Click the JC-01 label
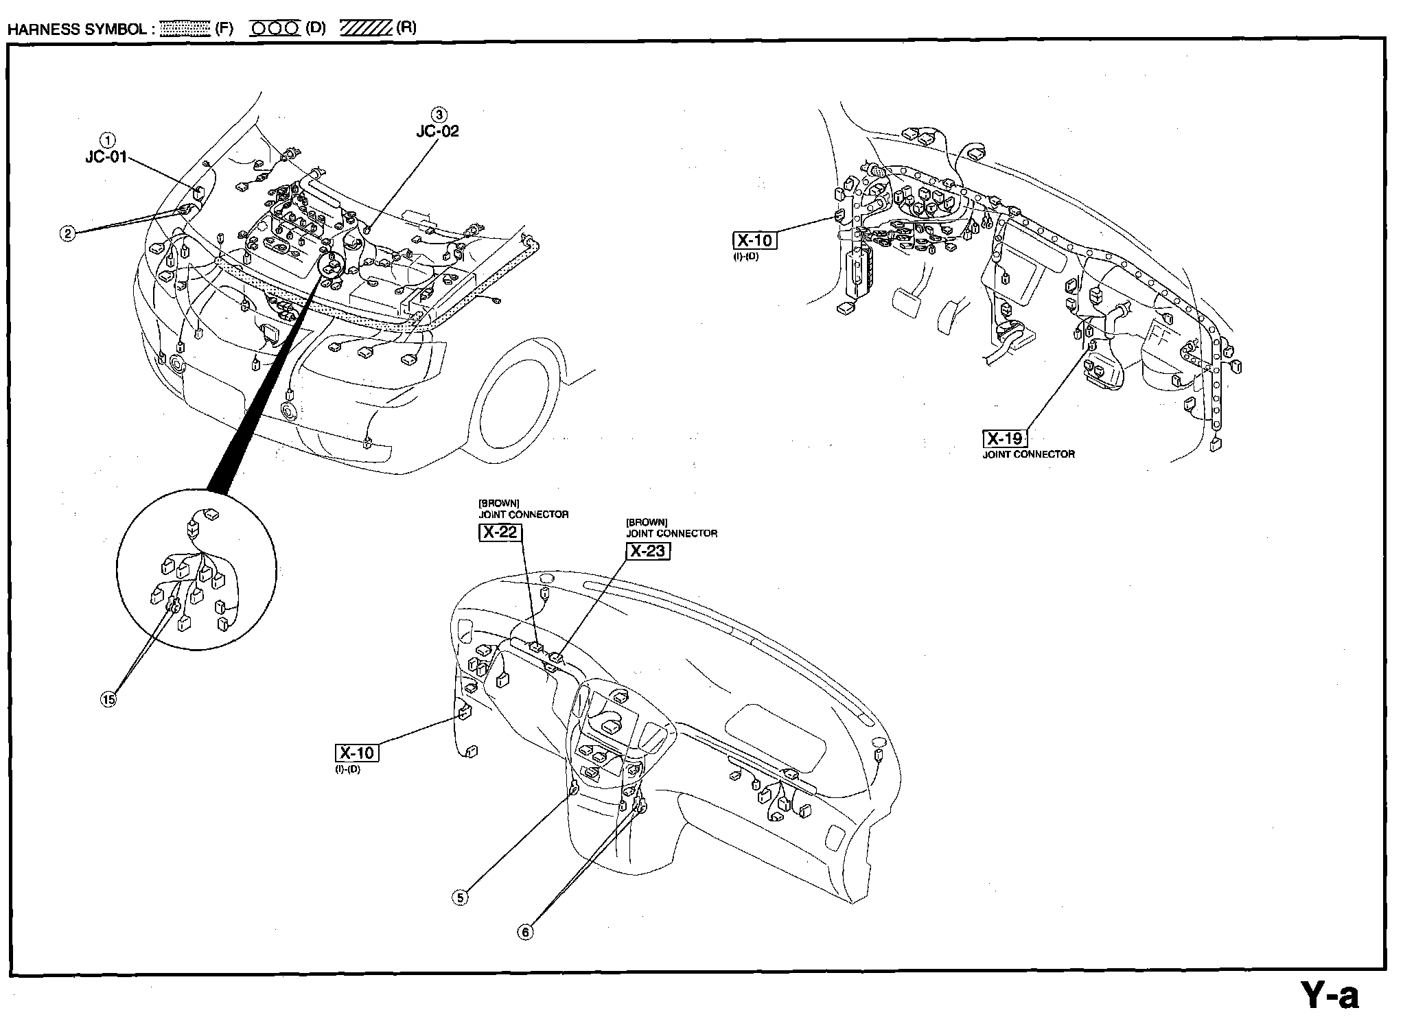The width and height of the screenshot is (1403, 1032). [x=106, y=157]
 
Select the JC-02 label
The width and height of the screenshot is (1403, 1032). [x=438, y=131]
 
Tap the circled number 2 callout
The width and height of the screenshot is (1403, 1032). [x=67, y=233]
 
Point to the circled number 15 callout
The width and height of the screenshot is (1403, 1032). [x=108, y=699]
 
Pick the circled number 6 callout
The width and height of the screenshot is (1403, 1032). [x=526, y=932]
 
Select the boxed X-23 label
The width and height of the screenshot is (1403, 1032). [x=648, y=551]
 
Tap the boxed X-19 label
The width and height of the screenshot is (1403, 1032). [x=1006, y=438]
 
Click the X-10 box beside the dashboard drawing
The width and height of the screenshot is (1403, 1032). [x=357, y=753]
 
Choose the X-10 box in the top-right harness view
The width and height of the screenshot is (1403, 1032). [x=754, y=241]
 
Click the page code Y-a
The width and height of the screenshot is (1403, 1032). [x=1330, y=996]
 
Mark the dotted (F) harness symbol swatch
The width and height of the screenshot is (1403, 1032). [x=185, y=28]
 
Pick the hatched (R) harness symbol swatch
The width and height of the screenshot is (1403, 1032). [x=366, y=28]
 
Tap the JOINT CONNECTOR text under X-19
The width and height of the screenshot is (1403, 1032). [x=1028, y=454]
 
